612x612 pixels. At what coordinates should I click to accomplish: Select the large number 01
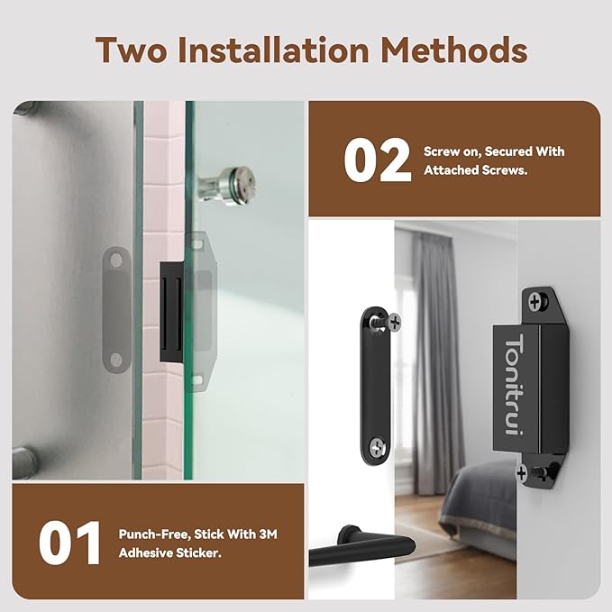tap(70, 543)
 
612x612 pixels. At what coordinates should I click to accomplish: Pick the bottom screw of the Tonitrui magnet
tap(524, 471)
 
